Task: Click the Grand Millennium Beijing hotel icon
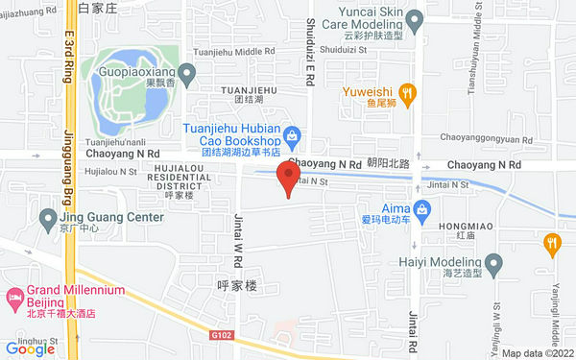(14, 297)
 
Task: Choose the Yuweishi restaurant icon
(408, 93)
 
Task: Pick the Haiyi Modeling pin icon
(493, 262)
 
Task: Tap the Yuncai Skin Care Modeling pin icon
(415, 18)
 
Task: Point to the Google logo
(30, 349)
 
